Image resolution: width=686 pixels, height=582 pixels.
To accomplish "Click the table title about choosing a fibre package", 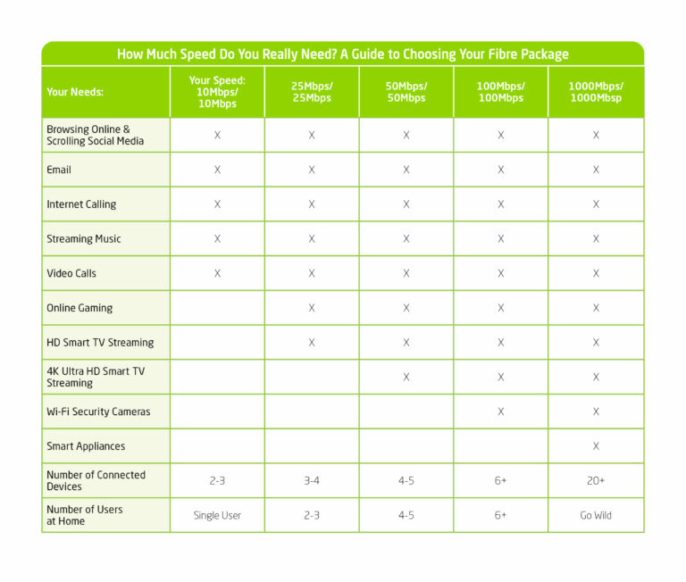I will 343,54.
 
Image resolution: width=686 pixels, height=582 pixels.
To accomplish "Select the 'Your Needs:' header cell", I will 75,92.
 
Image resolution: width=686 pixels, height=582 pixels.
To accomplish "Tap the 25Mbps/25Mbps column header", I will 312,92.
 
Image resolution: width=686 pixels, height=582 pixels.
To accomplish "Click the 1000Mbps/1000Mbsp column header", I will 596,92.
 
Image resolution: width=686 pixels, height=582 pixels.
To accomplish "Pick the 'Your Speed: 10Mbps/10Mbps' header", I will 217,92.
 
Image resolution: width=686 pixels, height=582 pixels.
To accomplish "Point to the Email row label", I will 59,170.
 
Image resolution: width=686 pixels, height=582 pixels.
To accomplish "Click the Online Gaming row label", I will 80,308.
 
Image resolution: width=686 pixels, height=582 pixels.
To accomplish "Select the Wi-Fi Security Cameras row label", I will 98,412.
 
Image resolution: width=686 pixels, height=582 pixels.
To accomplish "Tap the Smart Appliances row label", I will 86,446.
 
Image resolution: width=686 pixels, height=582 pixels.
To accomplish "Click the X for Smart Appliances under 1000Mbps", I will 596,446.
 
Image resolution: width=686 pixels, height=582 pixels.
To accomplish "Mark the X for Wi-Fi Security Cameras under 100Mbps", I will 501,412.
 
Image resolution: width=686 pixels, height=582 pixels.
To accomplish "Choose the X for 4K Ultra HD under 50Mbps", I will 406,377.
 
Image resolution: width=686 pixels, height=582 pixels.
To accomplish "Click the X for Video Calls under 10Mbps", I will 217,273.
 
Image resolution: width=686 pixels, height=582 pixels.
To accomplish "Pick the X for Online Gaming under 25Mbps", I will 312,308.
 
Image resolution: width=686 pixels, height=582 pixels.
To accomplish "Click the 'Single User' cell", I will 217,515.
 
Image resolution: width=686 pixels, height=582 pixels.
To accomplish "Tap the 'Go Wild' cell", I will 596,515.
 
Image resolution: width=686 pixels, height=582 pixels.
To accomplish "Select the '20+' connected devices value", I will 596,480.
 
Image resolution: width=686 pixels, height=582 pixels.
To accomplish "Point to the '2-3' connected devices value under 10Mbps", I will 217,480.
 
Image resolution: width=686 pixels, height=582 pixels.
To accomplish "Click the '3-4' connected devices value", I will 312,480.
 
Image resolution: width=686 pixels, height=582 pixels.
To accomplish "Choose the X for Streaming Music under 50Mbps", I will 406,238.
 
